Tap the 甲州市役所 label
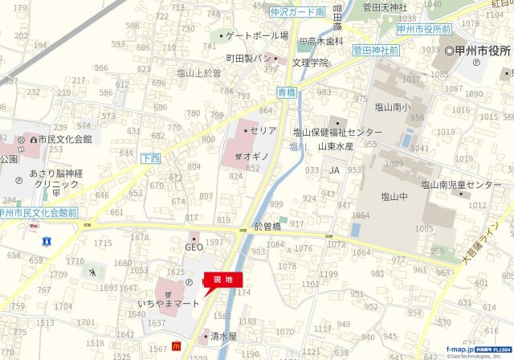click(x=482, y=51)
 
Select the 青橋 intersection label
click(x=287, y=92)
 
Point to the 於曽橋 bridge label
click(x=267, y=227)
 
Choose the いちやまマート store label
click(x=168, y=304)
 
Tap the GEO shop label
click(x=194, y=247)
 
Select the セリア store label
click(x=263, y=130)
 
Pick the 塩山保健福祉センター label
click(x=337, y=132)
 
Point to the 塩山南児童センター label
click(x=461, y=185)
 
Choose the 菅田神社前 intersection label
click(x=376, y=50)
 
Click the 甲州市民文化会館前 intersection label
click(x=38, y=213)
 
